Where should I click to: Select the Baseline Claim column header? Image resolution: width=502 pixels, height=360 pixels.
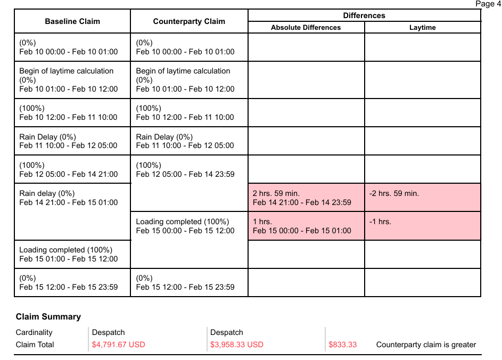tap(72, 22)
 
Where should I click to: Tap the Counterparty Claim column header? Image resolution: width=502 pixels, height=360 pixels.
tap(189, 22)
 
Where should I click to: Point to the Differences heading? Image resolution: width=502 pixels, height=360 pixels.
tap(364, 15)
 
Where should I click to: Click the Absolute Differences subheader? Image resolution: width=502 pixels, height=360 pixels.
tap(306, 28)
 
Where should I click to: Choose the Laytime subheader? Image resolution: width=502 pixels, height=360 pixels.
tap(422, 28)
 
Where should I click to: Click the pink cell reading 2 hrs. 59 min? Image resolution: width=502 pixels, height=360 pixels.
tap(306, 198)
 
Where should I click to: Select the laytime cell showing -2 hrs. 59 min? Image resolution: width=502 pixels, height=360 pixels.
tap(422, 198)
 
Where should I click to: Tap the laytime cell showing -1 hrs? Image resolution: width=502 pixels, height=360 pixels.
tap(422, 226)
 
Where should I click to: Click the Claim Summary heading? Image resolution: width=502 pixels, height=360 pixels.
tap(48, 316)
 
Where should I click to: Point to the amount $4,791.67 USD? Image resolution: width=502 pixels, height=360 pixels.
tap(119, 345)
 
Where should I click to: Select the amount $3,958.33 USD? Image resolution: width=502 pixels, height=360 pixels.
tap(237, 345)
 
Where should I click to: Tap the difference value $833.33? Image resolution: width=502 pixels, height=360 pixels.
tap(343, 345)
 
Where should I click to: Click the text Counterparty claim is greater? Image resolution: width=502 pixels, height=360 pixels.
tap(426, 345)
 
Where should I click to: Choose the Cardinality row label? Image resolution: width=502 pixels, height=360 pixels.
tap(34, 332)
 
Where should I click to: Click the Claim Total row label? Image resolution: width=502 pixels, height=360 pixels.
tap(35, 345)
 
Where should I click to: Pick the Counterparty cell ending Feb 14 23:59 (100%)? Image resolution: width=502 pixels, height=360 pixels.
tap(185, 169)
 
